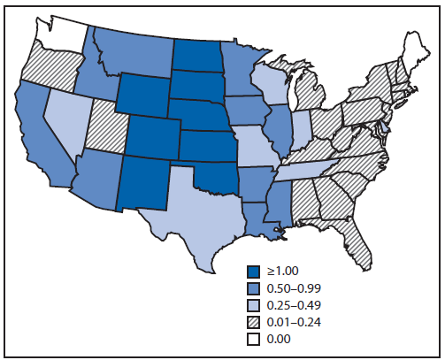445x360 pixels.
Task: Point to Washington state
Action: (62, 35)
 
